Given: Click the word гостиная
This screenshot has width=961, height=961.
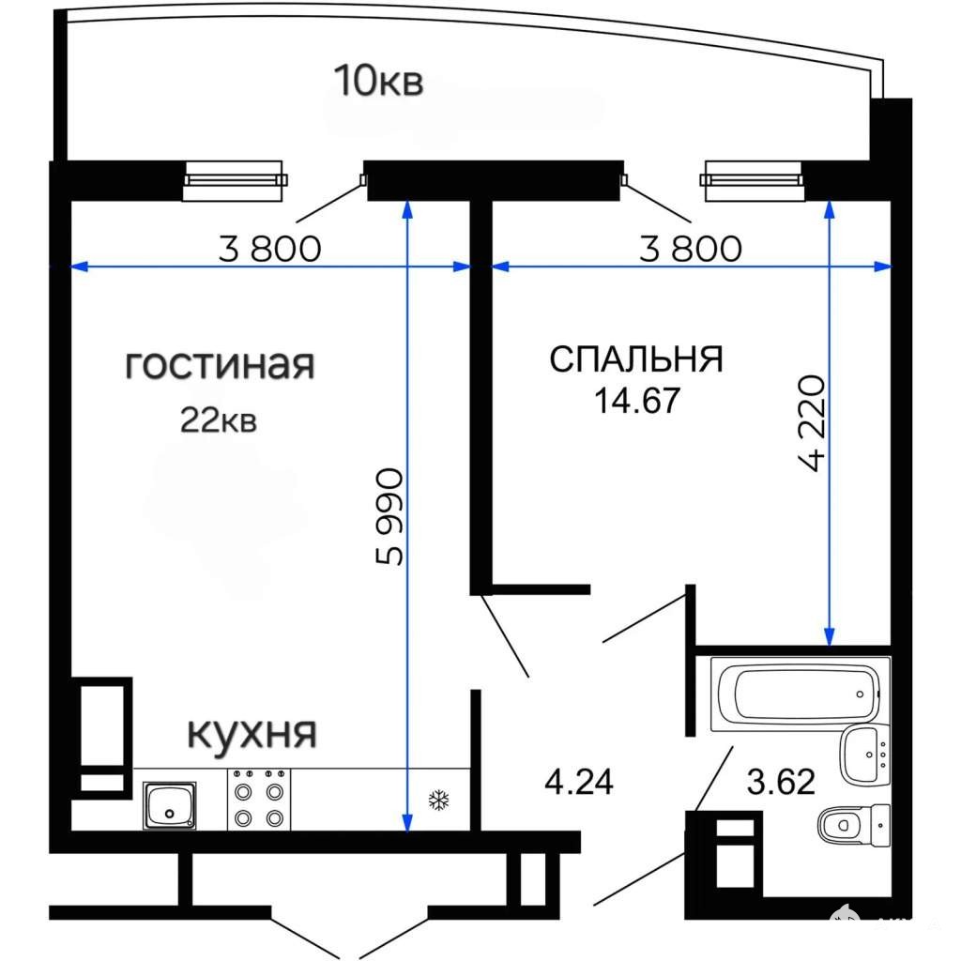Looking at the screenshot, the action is [x=220, y=365].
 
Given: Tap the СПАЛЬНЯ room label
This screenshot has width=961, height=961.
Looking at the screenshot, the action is [x=636, y=358].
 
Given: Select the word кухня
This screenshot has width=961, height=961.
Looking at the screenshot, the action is [x=252, y=732].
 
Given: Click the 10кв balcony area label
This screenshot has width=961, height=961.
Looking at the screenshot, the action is [x=378, y=81].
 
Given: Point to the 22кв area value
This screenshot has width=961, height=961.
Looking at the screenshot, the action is [x=218, y=420].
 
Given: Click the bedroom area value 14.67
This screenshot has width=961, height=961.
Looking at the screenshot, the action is [x=637, y=400].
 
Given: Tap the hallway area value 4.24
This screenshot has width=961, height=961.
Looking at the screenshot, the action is [x=578, y=782].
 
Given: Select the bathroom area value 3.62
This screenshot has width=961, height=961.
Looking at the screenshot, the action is [x=781, y=782].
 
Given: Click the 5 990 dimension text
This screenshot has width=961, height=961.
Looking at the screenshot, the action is [x=389, y=517].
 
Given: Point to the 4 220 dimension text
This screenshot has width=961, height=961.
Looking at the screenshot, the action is [x=812, y=423].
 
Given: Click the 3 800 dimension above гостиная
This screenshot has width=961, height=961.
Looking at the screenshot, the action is [x=269, y=248].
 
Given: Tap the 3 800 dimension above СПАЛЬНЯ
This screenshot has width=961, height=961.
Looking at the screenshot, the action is [x=691, y=248].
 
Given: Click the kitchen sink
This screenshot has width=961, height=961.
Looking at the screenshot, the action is [x=170, y=804].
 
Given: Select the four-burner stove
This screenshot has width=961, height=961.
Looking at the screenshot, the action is [x=259, y=800].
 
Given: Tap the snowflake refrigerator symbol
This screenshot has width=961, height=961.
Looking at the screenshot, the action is [x=439, y=800].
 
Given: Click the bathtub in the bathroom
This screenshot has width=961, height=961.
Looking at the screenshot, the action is [x=800, y=694].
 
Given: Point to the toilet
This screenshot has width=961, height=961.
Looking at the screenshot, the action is [x=854, y=825].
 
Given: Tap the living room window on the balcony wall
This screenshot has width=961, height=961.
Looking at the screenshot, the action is [x=235, y=180].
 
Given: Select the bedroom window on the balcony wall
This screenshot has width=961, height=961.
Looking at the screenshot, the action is [x=752, y=180].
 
